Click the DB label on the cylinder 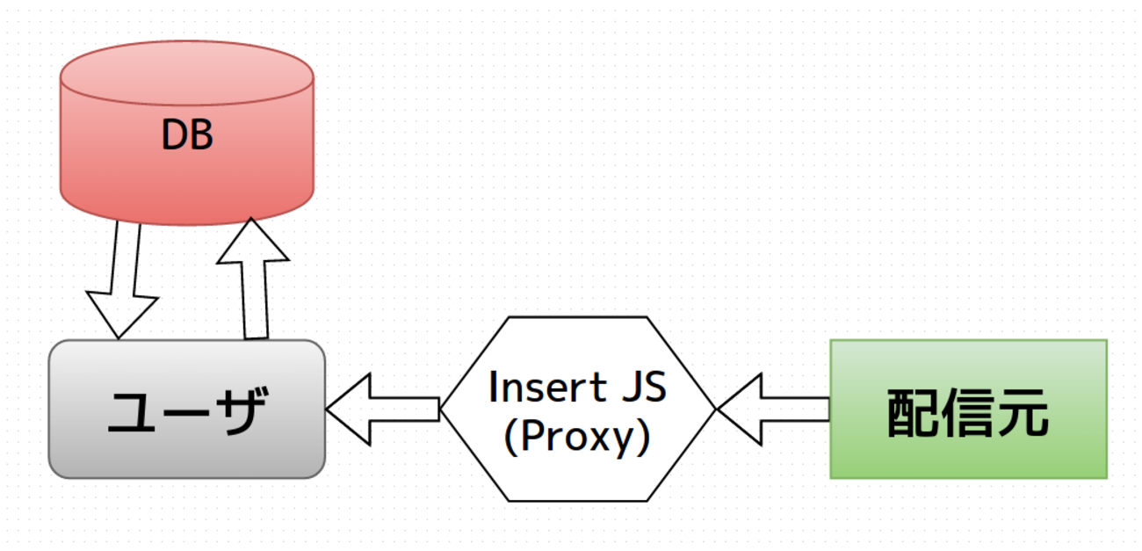coord(187,136)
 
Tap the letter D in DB coord(174,136)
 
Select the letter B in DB coord(201,136)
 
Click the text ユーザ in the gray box coord(186,411)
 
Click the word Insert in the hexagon coord(535,388)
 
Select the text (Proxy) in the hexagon coord(577,437)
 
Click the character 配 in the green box coord(914,412)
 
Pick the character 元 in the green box coord(1022,412)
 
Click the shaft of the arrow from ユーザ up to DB coord(255,299)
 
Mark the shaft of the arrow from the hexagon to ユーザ coord(404,409)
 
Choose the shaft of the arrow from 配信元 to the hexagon coord(794,409)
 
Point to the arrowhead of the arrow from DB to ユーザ coord(121,316)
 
